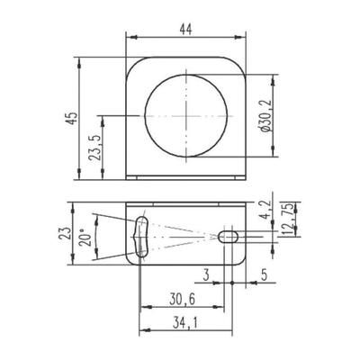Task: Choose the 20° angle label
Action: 85,236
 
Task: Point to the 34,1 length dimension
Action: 186,321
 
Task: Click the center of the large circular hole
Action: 186,116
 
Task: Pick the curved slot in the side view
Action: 139,236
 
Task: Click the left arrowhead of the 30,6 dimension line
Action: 141,308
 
